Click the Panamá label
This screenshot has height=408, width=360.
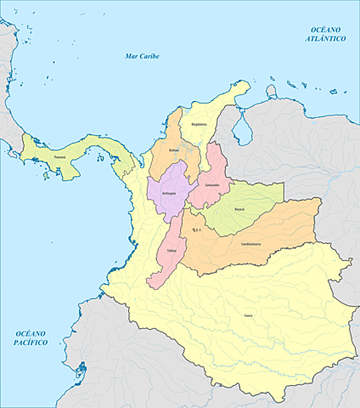[x=59, y=156]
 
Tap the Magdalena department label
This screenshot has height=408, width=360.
[x=199, y=123]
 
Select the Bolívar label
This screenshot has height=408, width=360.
[x=174, y=150]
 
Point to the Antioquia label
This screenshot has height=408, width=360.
[x=169, y=194]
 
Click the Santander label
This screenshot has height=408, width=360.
[x=212, y=184]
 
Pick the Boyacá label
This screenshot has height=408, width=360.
[x=239, y=207]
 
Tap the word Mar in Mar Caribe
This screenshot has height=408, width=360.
[x=131, y=56]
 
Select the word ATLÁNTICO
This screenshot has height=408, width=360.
[x=326, y=39]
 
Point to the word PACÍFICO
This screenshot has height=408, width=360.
[x=29, y=342]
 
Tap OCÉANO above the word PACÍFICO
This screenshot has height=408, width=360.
[x=29, y=332]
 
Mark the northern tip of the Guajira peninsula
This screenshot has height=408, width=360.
[x=247, y=82]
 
